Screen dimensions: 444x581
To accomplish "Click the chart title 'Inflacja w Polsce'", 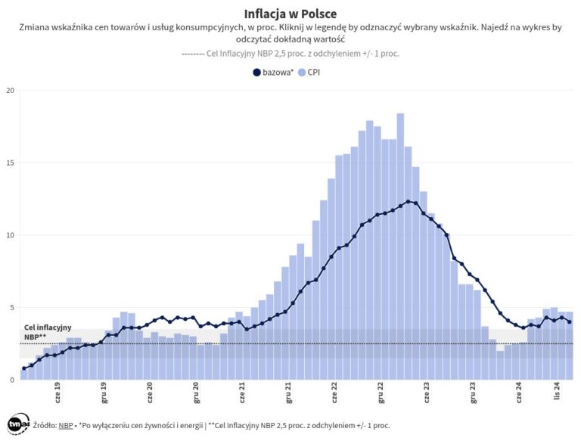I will pos(290,14).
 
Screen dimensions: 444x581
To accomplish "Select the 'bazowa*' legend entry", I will pos(273,73).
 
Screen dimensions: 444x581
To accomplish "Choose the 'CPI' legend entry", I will pos(309,73).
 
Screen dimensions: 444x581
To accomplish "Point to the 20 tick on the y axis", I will pos(10,91).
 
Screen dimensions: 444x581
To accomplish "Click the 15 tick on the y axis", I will pos(10,163).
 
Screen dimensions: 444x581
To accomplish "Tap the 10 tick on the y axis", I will pos(10,235).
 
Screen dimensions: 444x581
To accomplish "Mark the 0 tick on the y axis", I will pos(11,380).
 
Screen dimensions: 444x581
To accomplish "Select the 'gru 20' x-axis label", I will pos(197,394).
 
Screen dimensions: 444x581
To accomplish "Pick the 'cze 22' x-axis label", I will pos(334,394).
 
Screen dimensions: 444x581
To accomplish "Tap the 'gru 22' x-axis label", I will pos(381,394).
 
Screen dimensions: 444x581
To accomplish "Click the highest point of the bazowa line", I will pos(409,201).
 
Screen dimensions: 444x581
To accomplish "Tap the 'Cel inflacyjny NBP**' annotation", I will pos(47,332).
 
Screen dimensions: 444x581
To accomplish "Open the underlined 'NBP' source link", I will pos(66,427).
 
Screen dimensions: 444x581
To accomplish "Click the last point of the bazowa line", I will pos(569,322).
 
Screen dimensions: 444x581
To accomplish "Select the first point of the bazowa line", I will pos(24,368).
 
